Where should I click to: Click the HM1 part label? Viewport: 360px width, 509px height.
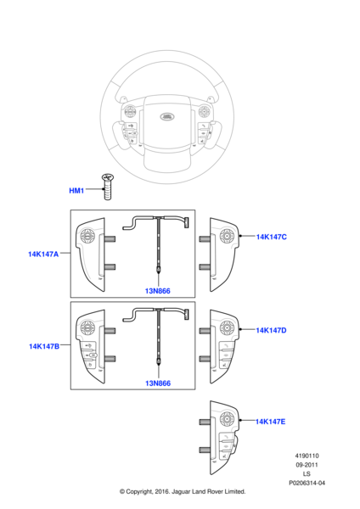[76, 191]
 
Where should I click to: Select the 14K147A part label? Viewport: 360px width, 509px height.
[43, 254]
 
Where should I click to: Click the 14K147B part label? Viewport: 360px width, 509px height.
[43, 346]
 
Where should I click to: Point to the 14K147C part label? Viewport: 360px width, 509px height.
[271, 237]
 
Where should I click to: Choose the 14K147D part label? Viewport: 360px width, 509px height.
[271, 329]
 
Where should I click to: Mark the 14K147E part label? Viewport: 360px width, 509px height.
[271, 421]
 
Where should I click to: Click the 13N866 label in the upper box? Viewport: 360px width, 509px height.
[158, 291]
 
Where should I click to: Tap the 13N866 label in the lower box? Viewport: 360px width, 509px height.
[158, 383]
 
